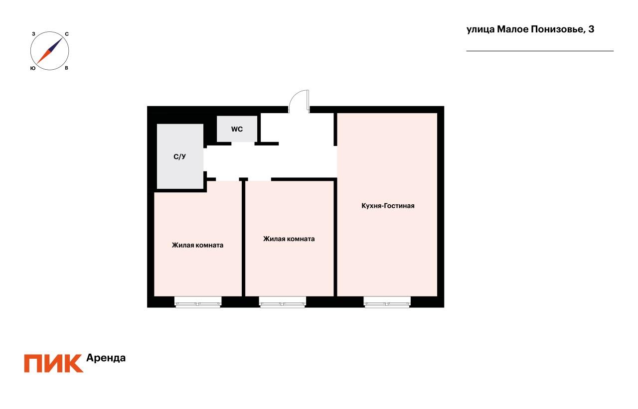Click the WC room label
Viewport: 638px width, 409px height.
coord(237,129)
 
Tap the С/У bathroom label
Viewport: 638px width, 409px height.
coord(179,157)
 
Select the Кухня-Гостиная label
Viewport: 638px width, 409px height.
coord(388,206)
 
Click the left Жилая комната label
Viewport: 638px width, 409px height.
coord(197,245)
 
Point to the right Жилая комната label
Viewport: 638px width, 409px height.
coord(289,239)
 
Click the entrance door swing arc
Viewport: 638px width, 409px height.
coord(300,98)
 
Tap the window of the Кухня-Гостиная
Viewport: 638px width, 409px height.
coord(387,302)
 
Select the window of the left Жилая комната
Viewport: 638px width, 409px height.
coord(197,302)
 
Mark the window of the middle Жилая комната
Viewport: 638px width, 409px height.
coord(282,302)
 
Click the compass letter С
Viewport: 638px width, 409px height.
coord(67,34)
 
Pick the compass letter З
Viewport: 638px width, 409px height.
coord(33,34)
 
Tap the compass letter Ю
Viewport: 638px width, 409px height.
coord(32,68)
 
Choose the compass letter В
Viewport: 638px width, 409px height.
coord(67,68)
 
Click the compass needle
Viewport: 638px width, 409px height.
coord(50,51)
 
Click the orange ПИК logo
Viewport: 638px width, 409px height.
coord(54,363)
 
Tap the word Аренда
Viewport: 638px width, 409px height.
coord(106,358)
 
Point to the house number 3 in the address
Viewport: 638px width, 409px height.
coord(591,29)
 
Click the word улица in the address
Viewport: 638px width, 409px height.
coord(480,29)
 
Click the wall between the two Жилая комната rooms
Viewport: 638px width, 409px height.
coord(243,238)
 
